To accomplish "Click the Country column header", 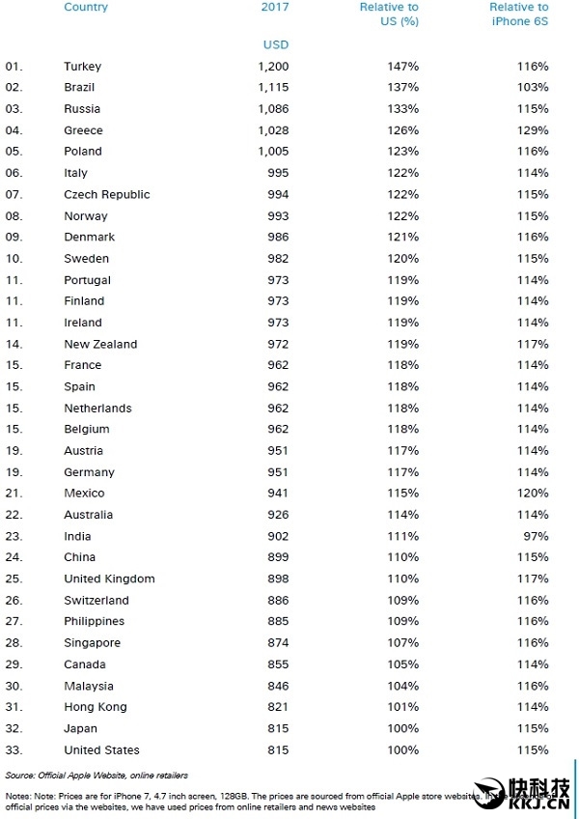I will point(86,8).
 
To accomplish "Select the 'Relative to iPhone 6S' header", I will point(518,14).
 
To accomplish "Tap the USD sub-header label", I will point(275,44).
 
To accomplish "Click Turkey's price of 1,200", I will point(273,67).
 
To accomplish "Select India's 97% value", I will point(536,536).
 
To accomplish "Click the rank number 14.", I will point(14,344).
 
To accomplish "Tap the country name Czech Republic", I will point(106,194).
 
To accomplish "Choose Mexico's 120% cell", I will point(533,494).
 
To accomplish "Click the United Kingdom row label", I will point(109,579).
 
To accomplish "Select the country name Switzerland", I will point(96,600).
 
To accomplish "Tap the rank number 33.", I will point(14,749).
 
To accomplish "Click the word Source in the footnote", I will point(20,776).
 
